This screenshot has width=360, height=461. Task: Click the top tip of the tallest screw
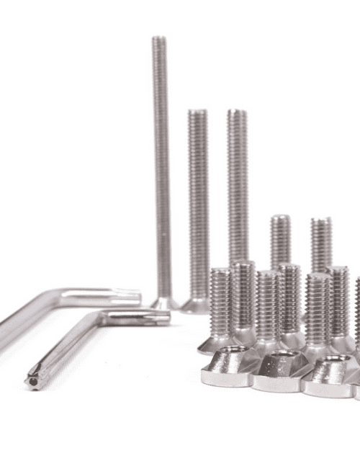(159, 38)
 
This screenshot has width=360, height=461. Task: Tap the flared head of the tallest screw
(164, 302)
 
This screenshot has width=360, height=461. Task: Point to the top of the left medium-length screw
(197, 112)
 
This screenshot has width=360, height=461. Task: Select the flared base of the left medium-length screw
(195, 305)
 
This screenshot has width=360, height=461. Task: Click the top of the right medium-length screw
(238, 112)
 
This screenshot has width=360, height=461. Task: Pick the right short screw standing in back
(321, 242)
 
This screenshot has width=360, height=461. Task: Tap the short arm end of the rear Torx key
(134, 295)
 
